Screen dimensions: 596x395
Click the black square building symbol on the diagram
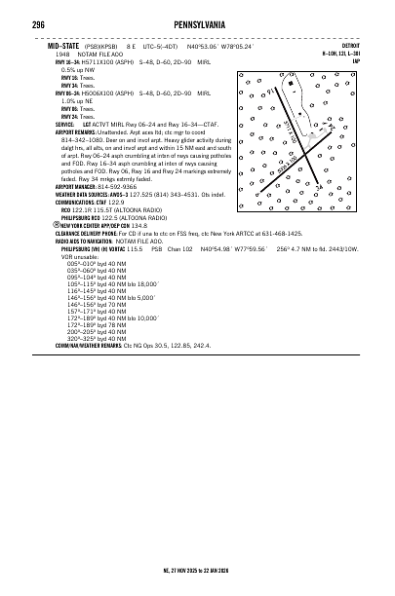point(291,85)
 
